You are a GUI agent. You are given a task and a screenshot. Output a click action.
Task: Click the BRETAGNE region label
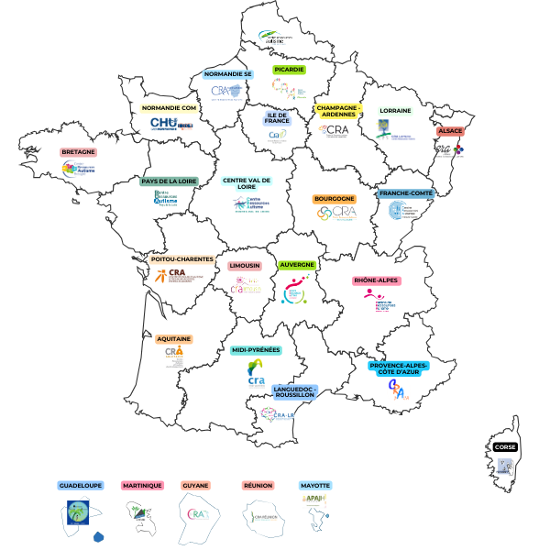pos(79,152)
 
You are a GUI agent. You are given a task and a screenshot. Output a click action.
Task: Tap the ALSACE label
pos(449,131)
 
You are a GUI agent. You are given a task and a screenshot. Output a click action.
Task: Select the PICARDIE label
pos(289,69)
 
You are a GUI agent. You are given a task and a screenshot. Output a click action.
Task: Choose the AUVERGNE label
pos(297,265)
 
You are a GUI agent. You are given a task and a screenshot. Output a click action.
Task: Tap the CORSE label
pos(505,447)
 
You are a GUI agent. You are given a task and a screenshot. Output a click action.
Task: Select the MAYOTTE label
pos(315,485)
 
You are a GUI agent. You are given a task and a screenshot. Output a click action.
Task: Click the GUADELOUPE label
pos(81,485)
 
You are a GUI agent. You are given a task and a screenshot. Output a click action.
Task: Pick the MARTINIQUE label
pos(142,485)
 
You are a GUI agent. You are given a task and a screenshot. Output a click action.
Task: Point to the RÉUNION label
pos(258,485)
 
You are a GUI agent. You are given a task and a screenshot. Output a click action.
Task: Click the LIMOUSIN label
pos(245,266)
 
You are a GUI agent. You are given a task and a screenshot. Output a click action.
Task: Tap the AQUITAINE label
pos(174,338)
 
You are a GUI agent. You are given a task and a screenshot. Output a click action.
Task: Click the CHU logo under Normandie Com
pos(171,124)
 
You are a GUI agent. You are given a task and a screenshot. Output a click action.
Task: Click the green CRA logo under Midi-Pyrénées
pos(257,373)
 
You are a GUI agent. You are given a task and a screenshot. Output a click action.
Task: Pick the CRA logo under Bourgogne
pos(335,213)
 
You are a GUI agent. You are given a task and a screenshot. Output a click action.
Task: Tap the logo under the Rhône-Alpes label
pos(374,300)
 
